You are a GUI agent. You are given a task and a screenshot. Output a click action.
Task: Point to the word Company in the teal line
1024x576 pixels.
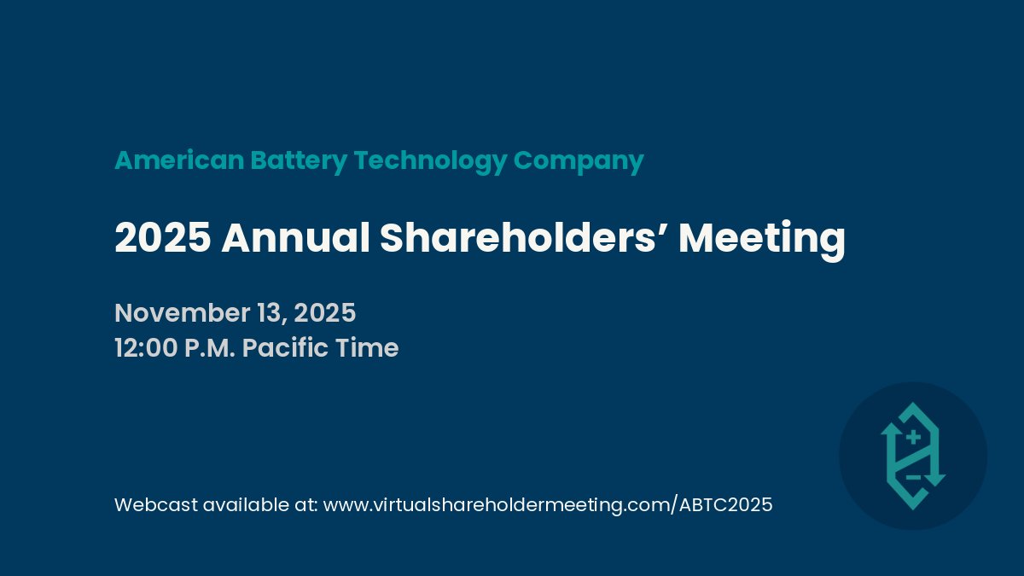tap(579, 160)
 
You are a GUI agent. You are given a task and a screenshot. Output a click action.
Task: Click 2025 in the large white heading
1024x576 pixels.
tap(162, 238)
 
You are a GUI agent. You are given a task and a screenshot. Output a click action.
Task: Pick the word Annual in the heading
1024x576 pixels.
tap(295, 238)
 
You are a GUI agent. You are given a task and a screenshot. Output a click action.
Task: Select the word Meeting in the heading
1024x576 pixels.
tap(761, 238)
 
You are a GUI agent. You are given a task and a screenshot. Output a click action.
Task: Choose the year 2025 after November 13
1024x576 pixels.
tap(324, 313)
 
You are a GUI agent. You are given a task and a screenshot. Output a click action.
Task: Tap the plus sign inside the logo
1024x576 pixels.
tap(913, 438)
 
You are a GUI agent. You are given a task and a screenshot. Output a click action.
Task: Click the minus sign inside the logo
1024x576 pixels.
tap(912, 477)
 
